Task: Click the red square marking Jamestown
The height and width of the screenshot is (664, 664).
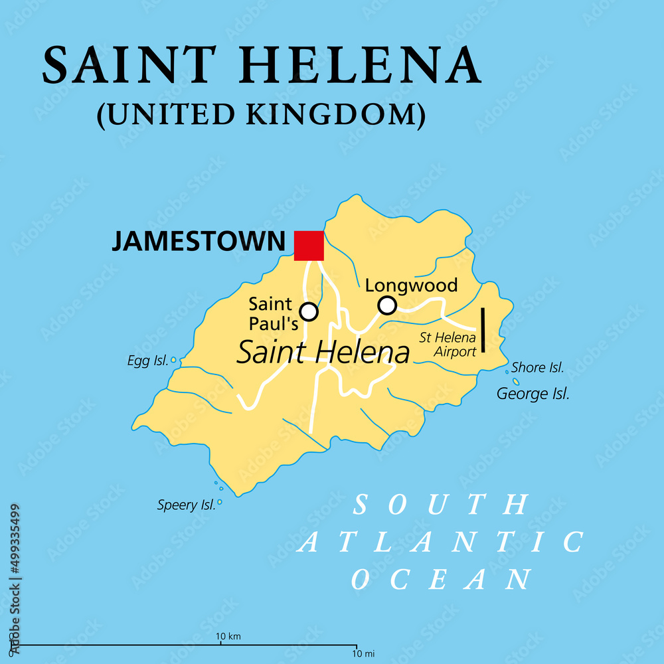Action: pos(309,245)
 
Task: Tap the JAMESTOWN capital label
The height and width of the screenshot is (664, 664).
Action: pos(197,241)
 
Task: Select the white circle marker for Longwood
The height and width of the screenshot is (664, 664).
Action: pos(387,305)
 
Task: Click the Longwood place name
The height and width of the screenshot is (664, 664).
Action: pos(412,286)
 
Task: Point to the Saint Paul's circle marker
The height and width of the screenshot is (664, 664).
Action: pos(309,311)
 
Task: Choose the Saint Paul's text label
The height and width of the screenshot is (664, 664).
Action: pos(270,313)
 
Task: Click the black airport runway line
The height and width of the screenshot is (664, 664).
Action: pos(483,329)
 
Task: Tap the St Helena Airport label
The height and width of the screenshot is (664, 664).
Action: pos(448,345)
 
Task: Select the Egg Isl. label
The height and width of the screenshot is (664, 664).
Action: pos(147,361)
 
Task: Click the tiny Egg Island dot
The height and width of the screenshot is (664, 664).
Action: pos(174,360)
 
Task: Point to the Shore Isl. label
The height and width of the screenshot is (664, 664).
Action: pos(538,367)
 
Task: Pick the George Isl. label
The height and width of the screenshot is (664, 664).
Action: pos(533,394)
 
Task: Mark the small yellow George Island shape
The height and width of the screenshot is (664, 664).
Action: pos(516,382)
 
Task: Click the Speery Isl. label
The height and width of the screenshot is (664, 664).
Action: pos(187,505)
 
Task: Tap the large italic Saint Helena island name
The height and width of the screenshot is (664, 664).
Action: pos(323,353)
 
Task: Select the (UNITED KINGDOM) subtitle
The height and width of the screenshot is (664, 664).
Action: pos(260,114)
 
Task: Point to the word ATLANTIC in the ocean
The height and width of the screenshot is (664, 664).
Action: pos(441,542)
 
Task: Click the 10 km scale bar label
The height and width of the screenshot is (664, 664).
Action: pos(229,637)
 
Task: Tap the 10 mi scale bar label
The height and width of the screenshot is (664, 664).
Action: pos(357,653)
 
